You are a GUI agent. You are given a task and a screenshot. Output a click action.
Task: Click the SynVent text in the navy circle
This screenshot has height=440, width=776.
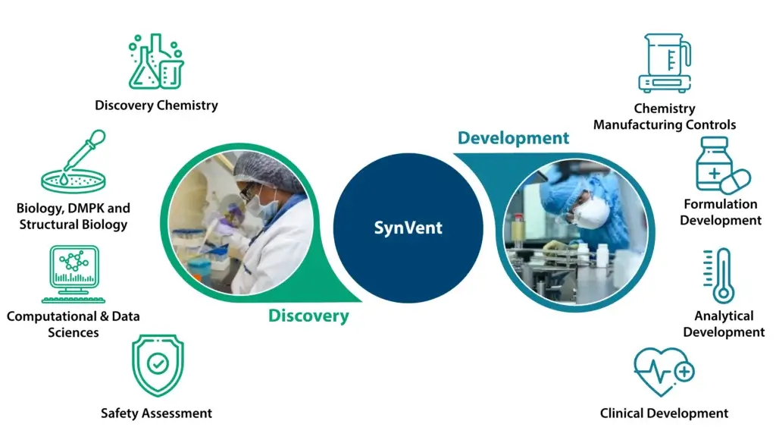408,228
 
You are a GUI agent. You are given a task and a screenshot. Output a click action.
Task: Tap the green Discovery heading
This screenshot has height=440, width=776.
308,316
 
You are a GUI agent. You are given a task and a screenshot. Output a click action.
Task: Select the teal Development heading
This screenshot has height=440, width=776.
513,138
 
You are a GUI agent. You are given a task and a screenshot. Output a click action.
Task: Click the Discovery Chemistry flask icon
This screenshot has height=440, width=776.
156,61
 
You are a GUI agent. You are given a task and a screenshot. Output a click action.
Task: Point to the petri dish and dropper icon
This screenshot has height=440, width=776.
74,162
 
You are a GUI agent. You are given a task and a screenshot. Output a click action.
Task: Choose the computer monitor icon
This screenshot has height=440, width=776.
74,274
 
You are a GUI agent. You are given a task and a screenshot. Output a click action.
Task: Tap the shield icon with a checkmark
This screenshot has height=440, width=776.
158,365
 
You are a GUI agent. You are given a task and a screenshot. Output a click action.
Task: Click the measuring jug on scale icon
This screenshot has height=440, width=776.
665,63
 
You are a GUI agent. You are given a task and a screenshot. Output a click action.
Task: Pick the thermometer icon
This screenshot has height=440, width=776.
718,275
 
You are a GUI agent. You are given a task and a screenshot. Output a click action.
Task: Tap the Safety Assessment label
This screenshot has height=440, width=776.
156,413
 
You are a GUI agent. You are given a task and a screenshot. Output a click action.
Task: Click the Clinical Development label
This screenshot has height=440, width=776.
664,413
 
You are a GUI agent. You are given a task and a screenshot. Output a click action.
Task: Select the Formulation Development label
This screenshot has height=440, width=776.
721,212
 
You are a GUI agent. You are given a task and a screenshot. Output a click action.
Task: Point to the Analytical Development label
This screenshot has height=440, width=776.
724,324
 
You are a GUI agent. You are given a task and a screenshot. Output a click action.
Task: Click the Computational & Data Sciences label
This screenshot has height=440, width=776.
74,325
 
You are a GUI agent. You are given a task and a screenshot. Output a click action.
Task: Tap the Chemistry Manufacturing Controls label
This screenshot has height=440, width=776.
665,116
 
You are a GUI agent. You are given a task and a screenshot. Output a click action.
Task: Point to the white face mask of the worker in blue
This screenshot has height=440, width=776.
591,212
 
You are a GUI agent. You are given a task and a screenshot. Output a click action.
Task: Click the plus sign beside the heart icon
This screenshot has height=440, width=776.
684,372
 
